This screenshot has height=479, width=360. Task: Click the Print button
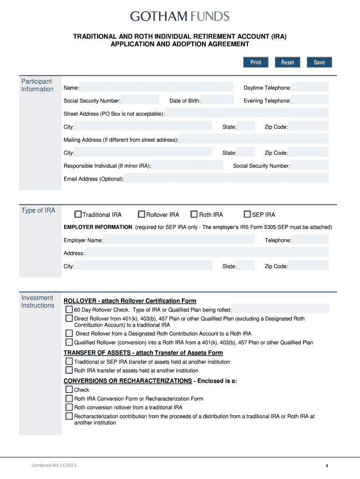[256, 62]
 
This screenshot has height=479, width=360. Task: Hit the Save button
[319, 62]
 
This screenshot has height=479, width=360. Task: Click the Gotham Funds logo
[180, 17]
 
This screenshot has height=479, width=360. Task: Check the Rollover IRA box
[142, 215]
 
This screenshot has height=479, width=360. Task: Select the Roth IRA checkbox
[194, 215]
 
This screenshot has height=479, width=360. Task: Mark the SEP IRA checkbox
[248, 215]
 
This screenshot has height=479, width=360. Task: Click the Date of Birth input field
[217, 100]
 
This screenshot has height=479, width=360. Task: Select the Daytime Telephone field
[310, 87]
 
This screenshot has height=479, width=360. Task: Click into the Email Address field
[226, 178]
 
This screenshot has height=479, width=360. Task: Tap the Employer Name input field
[179, 239]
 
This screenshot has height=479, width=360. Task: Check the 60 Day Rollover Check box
[69, 310]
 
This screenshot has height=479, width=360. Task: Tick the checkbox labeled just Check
[69, 390]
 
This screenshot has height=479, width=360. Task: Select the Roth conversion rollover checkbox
[69, 407]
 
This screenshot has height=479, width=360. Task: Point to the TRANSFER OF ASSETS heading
[143, 353]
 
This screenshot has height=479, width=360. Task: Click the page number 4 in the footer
[327, 466]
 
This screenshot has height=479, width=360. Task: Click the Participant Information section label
[37, 85]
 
